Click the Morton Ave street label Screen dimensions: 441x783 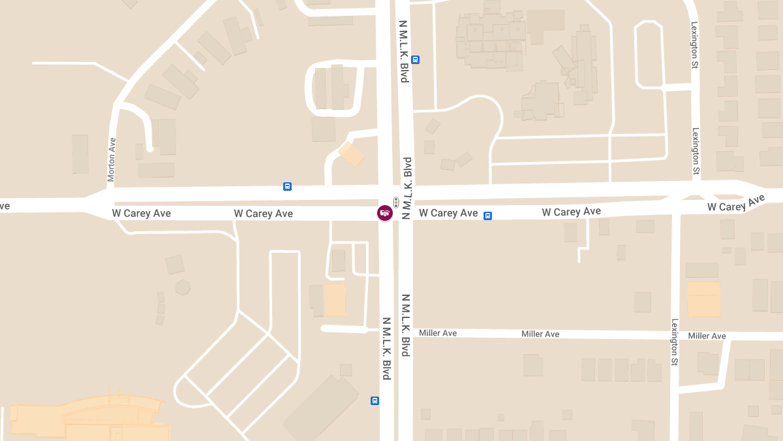[x=111, y=159]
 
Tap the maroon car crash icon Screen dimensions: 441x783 [x=385, y=212]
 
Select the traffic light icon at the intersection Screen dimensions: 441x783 [x=395, y=203]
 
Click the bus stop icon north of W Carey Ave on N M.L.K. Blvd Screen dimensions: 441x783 [x=416, y=59]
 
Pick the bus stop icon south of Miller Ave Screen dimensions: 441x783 [x=375, y=400]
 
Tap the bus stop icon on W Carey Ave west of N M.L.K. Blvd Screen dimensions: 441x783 [x=287, y=186]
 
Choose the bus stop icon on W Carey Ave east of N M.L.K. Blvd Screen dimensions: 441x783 [x=487, y=216]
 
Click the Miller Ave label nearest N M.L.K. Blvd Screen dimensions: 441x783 [x=438, y=333]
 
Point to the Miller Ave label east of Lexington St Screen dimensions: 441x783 [x=707, y=336]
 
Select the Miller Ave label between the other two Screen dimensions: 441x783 [x=540, y=334]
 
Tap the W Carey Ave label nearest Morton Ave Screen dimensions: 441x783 [x=141, y=213]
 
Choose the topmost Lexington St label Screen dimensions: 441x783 [x=695, y=45]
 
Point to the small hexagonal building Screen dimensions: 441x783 [x=183, y=287]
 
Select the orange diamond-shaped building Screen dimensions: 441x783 [x=352, y=155]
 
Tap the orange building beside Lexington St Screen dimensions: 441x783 [x=703, y=299]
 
